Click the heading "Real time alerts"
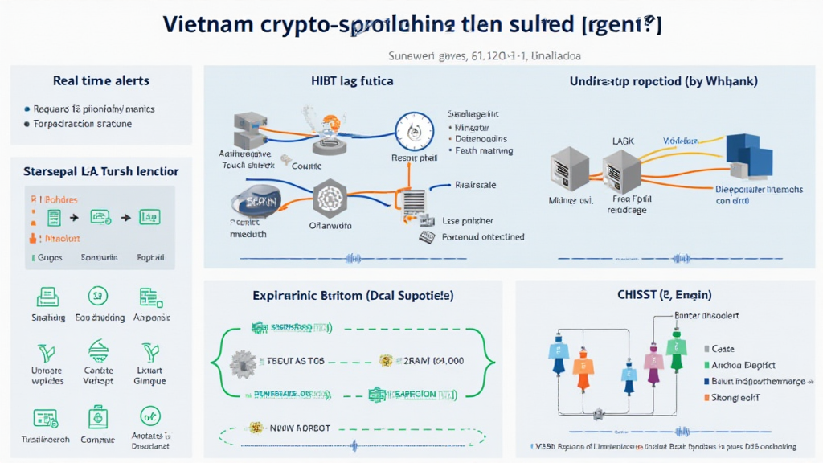(101, 81)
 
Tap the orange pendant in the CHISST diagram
(584, 363)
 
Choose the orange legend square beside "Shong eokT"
(706, 398)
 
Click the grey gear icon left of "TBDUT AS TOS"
(241, 362)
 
